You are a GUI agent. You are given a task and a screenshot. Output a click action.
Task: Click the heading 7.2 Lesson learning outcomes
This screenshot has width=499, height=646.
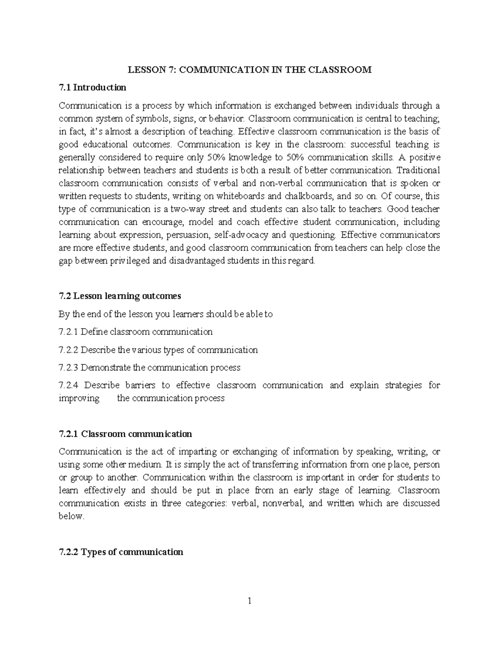coord(120,296)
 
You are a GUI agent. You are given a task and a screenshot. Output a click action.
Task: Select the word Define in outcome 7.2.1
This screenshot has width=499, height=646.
coord(92,332)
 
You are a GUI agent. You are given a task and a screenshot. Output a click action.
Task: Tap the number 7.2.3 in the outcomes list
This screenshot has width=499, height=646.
coord(69,367)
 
